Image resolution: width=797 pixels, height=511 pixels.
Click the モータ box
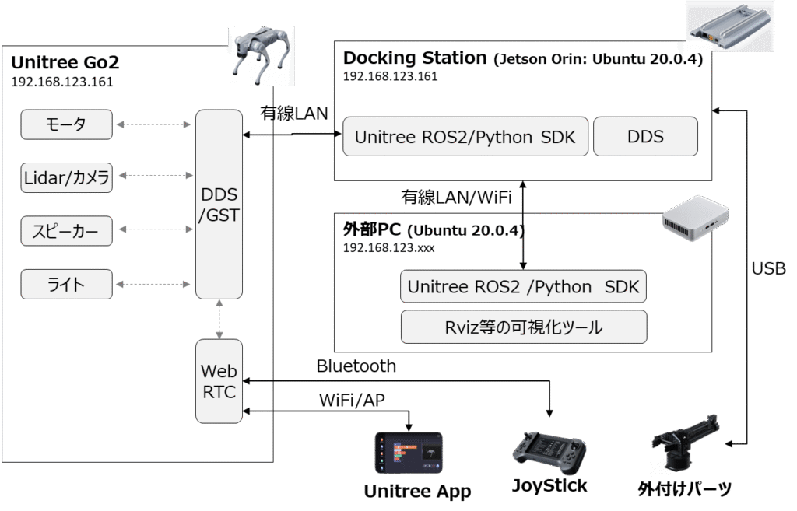tap(66, 124)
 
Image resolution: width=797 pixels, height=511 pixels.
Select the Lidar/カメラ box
tap(66, 178)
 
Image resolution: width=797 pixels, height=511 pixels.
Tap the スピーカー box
tap(66, 231)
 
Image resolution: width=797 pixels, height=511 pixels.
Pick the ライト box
tap(66, 285)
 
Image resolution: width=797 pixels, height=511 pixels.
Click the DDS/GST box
tap(219, 205)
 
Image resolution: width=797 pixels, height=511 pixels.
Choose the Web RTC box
tap(219, 381)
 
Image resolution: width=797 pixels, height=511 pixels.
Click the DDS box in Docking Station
tap(645, 137)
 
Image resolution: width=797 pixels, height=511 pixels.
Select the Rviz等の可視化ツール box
tap(524, 327)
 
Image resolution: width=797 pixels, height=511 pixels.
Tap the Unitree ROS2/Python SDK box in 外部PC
tap(524, 287)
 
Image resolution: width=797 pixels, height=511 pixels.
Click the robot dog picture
tap(262, 56)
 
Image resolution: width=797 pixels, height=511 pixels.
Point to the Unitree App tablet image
tap(409, 453)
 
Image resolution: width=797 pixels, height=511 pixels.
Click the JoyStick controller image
tap(549, 452)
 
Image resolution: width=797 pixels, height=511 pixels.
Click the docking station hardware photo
tap(730, 26)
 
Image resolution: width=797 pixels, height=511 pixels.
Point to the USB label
tap(768, 268)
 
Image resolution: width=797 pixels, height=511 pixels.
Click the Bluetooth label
tap(356, 366)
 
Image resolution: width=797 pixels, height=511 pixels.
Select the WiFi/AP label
tap(352, 401)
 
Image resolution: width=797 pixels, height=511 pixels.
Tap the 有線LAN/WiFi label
tap(456, 197)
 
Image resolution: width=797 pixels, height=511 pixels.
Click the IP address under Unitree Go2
tap(62, 82)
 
